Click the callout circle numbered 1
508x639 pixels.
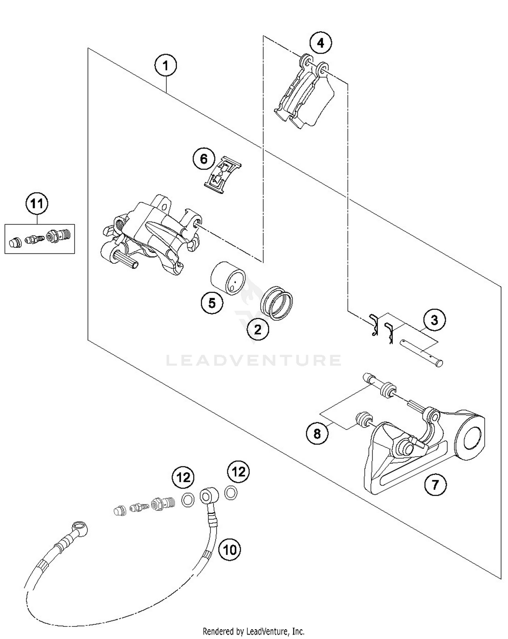point(166,65)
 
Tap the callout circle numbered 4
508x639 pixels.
point(320,43)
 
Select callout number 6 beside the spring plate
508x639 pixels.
point(204,159)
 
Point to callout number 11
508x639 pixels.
point(37,204)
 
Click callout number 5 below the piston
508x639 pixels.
point(212,303)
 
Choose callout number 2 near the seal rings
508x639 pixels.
point(258,329)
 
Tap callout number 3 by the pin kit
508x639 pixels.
point(435,319)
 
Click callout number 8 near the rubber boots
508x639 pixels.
point(317,433)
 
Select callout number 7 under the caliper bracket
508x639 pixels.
point(435,485)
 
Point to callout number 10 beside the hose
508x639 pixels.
point(230,549)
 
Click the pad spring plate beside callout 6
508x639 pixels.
point(222,175)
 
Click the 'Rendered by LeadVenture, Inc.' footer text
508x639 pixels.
point(253,631)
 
